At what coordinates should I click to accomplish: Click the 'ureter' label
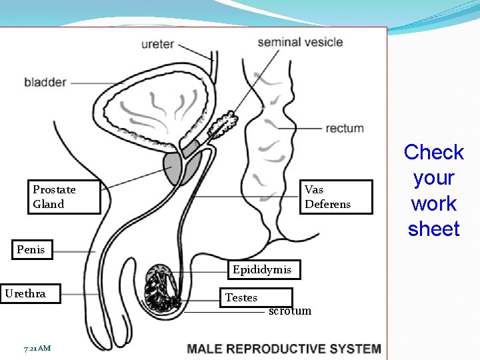[157, 44]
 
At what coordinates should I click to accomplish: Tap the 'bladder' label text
[45, 83]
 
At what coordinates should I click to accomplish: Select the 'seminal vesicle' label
[300, 42]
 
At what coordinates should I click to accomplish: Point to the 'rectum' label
[345, 128]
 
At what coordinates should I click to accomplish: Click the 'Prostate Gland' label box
[63, 197]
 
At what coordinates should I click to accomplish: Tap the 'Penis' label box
[31, 249]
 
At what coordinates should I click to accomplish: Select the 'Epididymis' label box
[262, 269]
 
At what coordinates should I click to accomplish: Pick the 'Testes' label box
[257, 297]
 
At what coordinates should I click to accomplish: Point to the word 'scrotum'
[290, 311]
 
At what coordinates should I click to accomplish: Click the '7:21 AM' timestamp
[37, 348]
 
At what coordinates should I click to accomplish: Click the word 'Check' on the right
[433, 153]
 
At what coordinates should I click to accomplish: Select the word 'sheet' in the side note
[433, 229]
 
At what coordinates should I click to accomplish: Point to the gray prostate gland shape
[175, 168]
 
